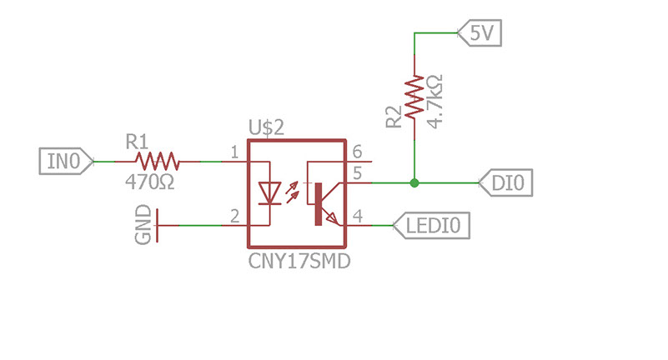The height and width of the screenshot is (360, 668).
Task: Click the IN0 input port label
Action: pos(66,162)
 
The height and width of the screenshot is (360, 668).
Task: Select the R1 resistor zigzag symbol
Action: pos(158,162)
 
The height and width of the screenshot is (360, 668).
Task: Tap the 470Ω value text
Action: pos(150,182)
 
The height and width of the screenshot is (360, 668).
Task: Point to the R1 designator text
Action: pos(137,142)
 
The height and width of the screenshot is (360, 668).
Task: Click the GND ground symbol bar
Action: pos(158,226)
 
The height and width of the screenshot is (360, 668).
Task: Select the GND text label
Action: pos(143,225)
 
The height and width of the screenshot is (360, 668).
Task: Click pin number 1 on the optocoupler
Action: pos(234,152)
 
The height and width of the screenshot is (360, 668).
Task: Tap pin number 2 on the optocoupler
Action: pos(234,217)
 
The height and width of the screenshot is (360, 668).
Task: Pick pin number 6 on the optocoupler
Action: pos(357,152)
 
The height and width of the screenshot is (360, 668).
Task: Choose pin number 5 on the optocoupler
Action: pos(357,173)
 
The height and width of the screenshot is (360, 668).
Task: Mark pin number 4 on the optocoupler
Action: pos(358,216)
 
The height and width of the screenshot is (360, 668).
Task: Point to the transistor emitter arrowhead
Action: pos(332,218)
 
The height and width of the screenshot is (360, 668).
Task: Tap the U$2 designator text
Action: pos(266,127)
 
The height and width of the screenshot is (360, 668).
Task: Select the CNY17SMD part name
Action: pos(299,261)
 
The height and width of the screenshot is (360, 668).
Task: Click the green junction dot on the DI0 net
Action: pos(414,183)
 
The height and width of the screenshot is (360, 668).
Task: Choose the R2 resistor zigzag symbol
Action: pos(414,97)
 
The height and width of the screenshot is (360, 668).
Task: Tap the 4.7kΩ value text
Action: pos(435,102)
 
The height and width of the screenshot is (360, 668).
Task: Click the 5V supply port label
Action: pos(480,32)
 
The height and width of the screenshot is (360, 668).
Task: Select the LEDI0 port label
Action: pos(431,225)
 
